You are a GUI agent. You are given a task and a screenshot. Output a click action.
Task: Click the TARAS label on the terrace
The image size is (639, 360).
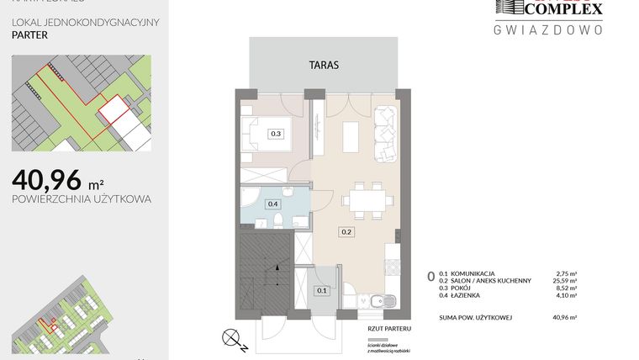(x=323, y=63)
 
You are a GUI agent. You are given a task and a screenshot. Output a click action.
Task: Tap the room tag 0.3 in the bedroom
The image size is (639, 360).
(x=275, y=133)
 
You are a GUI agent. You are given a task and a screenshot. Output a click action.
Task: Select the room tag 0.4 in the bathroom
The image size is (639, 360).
(x=272, y=204)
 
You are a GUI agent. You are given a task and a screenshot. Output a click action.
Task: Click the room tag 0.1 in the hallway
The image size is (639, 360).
(x=320, y=291)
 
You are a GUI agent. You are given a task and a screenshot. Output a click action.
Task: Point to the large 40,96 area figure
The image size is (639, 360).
(x=47, y=179)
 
